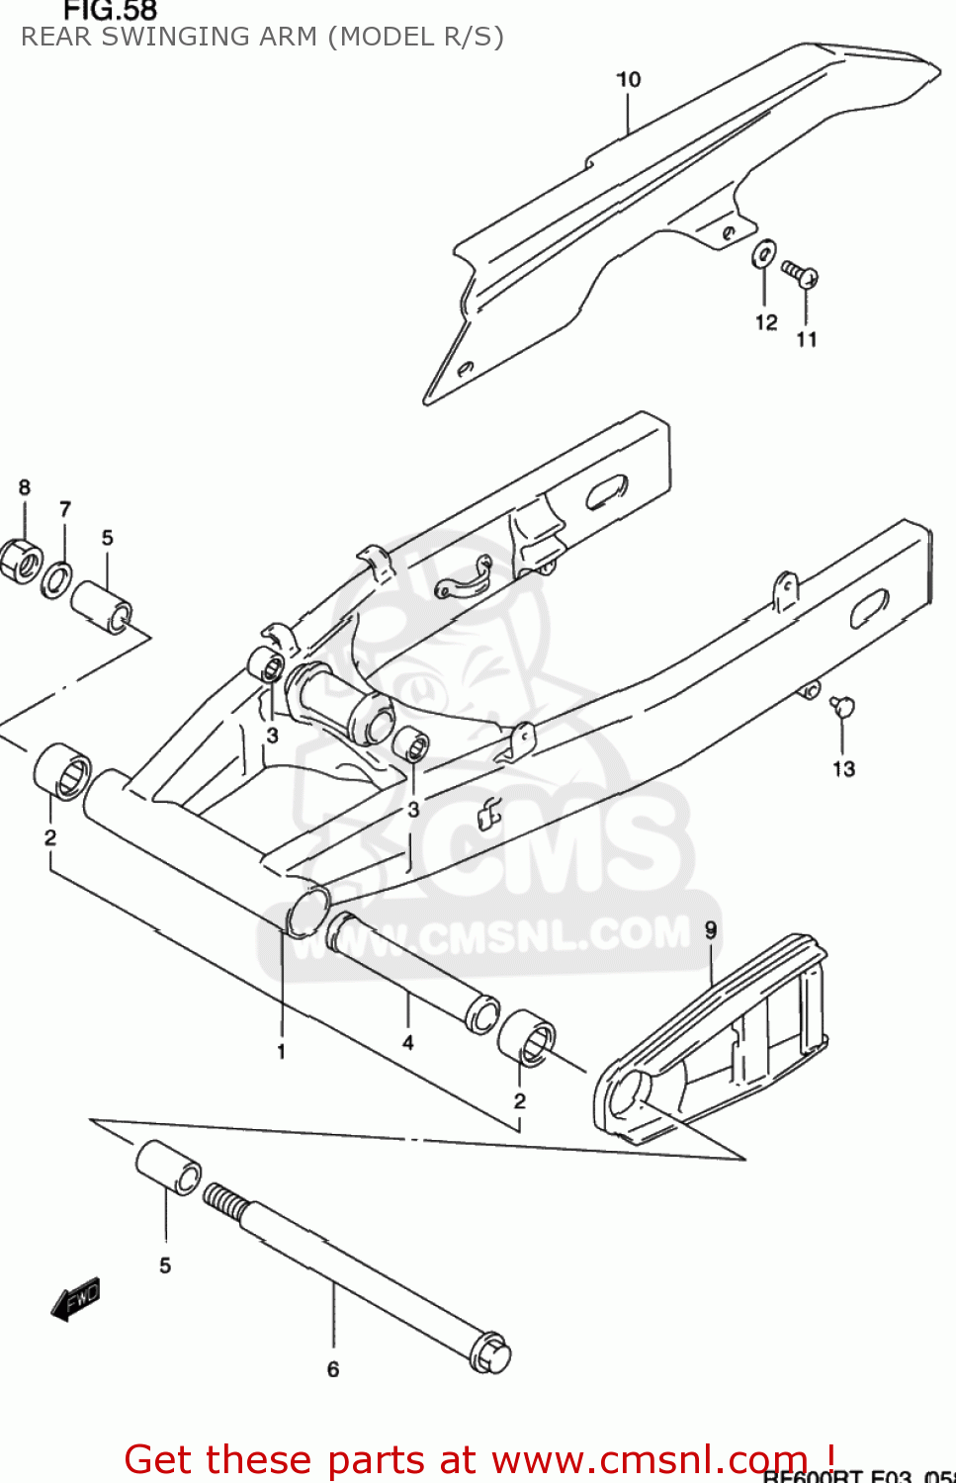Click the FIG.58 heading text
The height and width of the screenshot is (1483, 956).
tap(110, 11)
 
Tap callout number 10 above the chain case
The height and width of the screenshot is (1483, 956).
tap(629, 79)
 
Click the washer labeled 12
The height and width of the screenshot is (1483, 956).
tap(764, 255)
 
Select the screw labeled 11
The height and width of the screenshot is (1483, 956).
tap(800, 272)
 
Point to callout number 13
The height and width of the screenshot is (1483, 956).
tap(843, 768)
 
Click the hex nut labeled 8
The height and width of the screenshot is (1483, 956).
tap(20, 561)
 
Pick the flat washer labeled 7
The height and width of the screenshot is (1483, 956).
tap(56, 579)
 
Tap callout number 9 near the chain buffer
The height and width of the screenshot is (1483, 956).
tap(711, 929)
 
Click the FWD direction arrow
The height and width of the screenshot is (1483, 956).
tap(76, 1299)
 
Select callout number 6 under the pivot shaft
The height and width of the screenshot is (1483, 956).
tap(333, 1369)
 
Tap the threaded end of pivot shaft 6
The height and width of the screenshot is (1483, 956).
tap(224, 1203)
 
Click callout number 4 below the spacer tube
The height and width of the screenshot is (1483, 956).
tap(407, 1042)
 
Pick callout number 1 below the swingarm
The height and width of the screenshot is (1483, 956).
tap(282, 1051)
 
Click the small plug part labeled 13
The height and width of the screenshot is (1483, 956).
tap(842, 706)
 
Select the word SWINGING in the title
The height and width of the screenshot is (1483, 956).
tap(205, 37)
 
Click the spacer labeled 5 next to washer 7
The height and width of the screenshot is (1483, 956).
tap(101, 606)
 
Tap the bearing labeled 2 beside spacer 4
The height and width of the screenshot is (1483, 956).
tap(526, 1037)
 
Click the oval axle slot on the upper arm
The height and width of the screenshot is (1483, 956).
tap(606, 491)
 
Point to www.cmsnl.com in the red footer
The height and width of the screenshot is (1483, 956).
tap(649, 1459)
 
